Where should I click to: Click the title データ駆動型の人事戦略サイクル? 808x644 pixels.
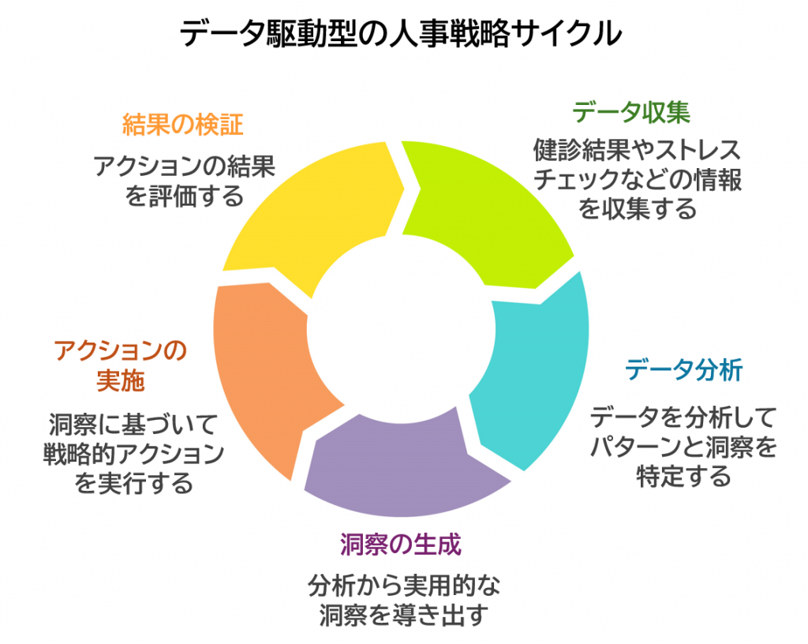(401, 34)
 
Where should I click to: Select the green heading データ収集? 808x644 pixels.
(631, 112)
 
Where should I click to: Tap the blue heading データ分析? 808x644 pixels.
(684, 370)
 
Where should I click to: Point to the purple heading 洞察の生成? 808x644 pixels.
(401, 545)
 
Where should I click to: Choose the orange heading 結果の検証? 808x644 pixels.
(182, 125)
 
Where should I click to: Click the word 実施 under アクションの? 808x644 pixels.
(121, 381)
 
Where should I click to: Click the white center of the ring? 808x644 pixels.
(401, 330)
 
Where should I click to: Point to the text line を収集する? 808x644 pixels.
(638, 209)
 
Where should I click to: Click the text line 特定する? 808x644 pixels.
(684, 477)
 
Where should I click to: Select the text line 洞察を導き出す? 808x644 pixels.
(403, 615)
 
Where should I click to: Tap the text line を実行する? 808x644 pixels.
(134, 483)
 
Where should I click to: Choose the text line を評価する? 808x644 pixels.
(184, 197)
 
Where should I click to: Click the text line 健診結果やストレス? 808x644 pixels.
(638, 150)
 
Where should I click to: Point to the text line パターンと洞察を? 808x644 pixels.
(684, 447)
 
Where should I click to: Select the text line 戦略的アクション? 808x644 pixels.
(134, 454)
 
